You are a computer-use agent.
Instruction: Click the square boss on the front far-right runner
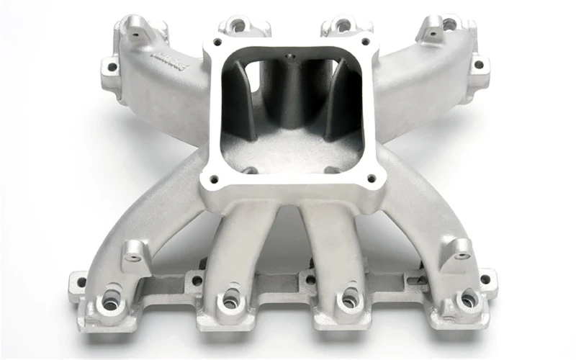click(456, 250)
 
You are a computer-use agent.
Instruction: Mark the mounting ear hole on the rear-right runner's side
click(477, 66)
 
